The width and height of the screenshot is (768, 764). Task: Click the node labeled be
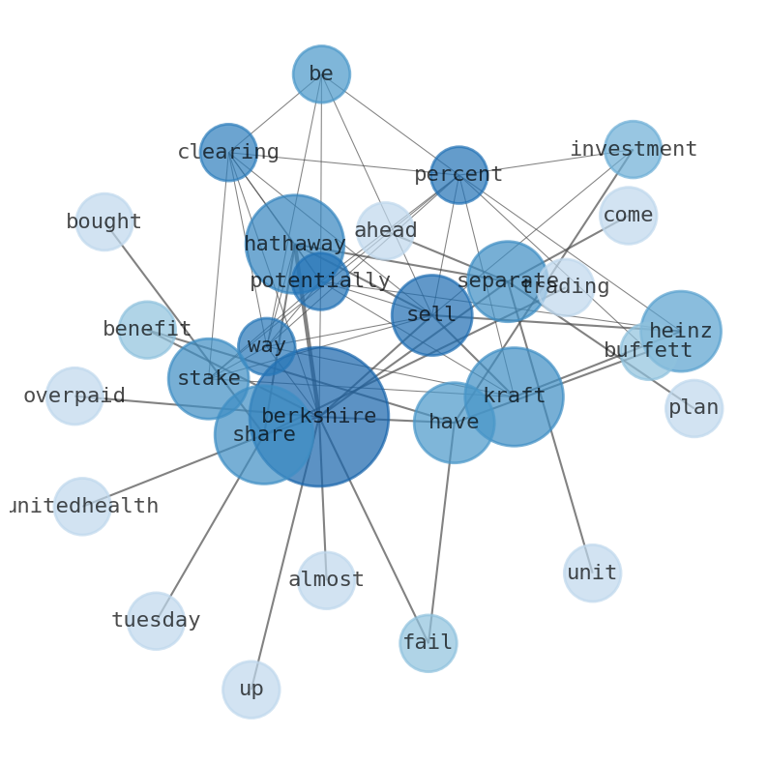321,74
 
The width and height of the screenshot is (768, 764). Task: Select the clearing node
228,153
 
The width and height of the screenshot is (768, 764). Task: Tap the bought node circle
104,222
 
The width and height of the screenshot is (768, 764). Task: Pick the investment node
633,150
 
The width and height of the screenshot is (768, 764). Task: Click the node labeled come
628,216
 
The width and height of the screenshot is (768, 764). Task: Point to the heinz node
680,332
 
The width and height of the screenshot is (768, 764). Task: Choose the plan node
694,408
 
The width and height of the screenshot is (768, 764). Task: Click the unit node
592,573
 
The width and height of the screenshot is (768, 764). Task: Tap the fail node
428,643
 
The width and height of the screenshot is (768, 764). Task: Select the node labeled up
251,690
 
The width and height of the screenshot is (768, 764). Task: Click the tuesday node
156,621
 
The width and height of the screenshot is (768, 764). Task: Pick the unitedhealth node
82,507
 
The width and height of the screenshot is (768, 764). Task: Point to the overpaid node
74,397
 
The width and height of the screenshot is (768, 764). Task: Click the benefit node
147,330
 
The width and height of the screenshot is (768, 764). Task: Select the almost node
326,580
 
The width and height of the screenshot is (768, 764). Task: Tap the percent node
458,175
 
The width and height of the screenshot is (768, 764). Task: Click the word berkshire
318,417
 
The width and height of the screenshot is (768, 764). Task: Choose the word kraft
514,397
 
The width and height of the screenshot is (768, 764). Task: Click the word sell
431,315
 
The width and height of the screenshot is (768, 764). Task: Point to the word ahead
385,231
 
